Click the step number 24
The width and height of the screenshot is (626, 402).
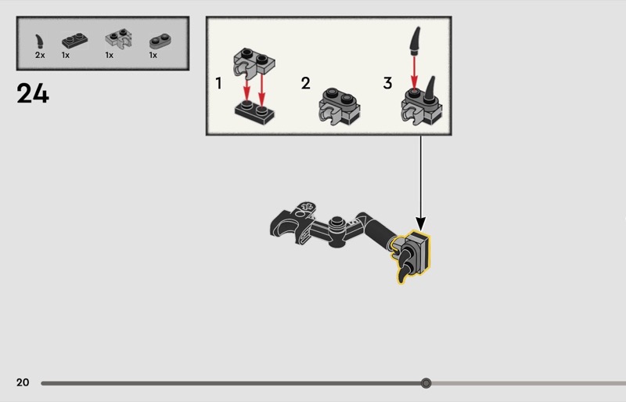click(x=32, y=94)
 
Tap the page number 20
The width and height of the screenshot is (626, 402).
click(x=23, y=382)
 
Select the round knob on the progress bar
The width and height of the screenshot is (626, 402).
click(x=426, y=383)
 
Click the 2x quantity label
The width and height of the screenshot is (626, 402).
click(x=40, y=56)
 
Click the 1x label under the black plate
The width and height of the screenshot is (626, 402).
click(x=66, y=56)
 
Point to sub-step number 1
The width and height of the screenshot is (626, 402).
click(x=219, y=82)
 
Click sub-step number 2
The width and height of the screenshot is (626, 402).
click(x=306, y=83)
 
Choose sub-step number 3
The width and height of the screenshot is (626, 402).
click(x=387, y=83)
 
